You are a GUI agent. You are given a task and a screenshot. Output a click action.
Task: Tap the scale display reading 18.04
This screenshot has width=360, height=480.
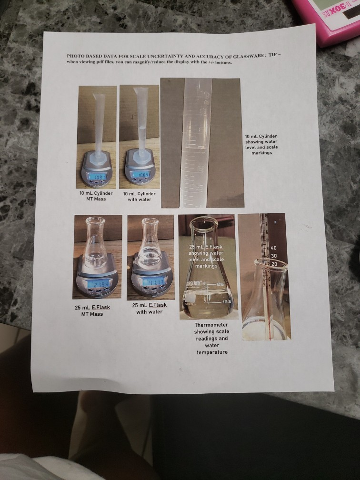click(140, 175)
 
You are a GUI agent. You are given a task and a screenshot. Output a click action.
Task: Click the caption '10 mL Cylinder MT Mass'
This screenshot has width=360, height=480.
click(96, 196)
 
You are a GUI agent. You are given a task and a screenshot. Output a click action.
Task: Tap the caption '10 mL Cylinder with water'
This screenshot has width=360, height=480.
click(139, 197)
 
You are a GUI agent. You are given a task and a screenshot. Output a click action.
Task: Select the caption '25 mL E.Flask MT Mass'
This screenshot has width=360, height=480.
click(92, 310)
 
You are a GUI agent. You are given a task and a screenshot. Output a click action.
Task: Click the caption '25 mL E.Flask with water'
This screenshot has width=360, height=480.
click(150, 308)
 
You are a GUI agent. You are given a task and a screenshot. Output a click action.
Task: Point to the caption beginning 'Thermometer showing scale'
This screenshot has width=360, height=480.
click(212, 338)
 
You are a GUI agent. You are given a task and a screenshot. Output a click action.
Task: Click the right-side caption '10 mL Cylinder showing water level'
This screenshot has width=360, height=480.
click(261, 144)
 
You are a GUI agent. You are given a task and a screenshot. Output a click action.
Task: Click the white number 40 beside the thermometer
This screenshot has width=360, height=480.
click(273, 248)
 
